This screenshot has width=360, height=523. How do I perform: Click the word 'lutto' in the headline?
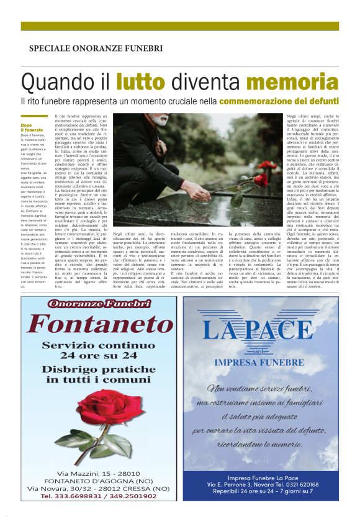pos(140,82)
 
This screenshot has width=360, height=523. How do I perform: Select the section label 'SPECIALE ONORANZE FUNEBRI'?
pos(96,48)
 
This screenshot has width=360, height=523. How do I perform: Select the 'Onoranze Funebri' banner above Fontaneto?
pos(99,304)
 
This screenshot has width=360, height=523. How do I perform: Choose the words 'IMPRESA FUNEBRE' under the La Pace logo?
pos(258,362)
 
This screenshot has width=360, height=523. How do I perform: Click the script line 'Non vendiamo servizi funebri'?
pos(258,389)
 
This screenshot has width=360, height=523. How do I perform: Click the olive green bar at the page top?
pos(180,26)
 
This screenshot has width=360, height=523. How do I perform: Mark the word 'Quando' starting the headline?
pos(53,82)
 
